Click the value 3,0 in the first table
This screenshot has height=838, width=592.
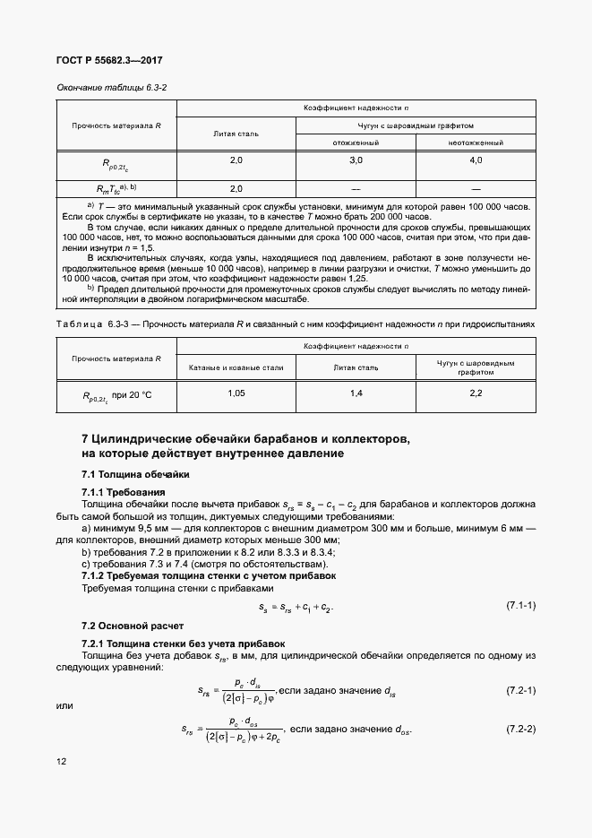click(356, 160)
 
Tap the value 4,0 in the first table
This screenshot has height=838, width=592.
click(476, 160)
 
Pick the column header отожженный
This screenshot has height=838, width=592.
click(356, 142)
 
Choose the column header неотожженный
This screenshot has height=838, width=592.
click(476, 142)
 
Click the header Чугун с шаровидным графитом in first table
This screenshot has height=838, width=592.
click(416, 125)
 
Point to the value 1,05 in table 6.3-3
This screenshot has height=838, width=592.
click(236, 393)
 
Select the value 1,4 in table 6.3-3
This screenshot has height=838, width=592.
click(356, 393)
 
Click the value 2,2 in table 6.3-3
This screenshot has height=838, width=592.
click(476, 393)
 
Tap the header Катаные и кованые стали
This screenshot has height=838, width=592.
click(236, 367)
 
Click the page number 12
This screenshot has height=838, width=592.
click(61, 762)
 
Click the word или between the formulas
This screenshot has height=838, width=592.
click(64, 705)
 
